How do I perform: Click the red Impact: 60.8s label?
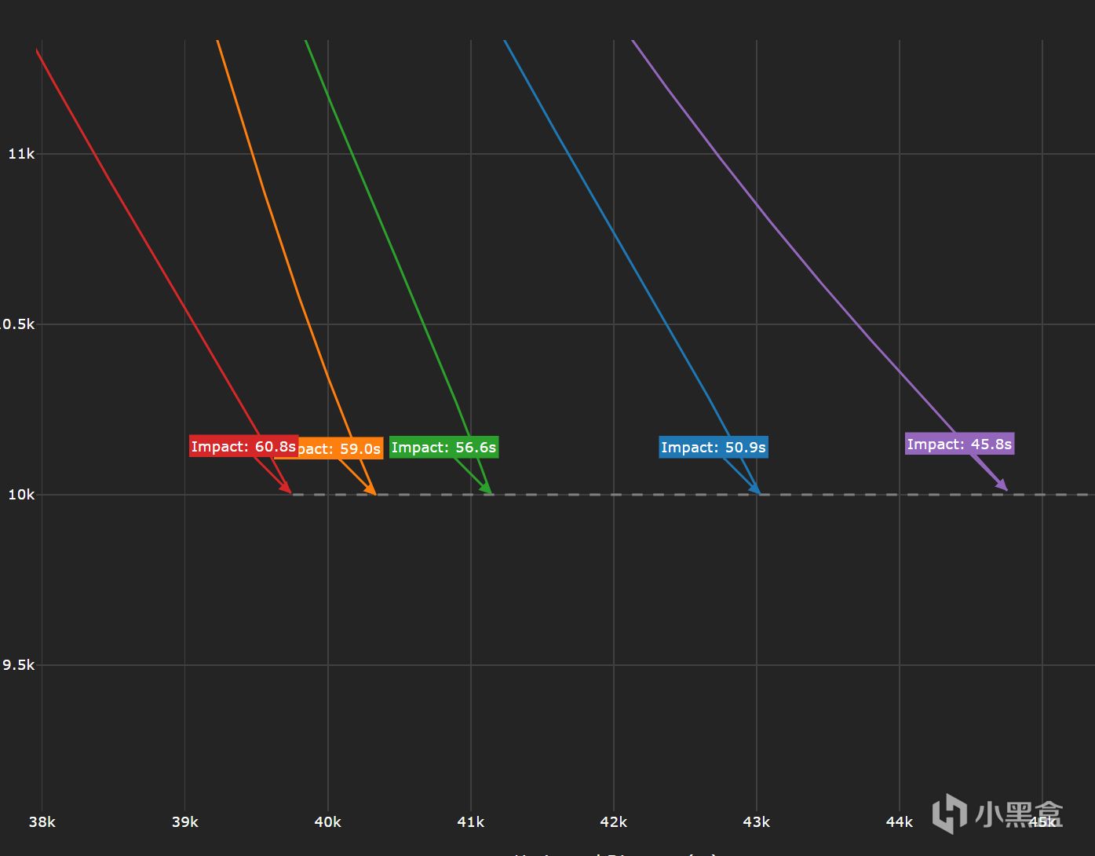point(243,446)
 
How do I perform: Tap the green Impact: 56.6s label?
point(443,447)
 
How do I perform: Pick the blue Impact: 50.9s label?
point(713,447)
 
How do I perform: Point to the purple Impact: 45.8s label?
point(959,444)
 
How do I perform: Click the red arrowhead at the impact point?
point(287,488)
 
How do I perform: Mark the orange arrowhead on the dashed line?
point(371,489)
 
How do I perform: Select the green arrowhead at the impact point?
point(487,489)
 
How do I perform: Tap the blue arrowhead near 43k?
point(755,489)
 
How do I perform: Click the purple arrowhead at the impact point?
point(1002,486)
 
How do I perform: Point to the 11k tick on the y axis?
point(21,154)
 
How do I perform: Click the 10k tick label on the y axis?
point(21,494)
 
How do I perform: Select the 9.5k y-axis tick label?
point(19,665)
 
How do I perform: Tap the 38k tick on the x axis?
point(42,822)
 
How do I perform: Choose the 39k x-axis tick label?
point(184,822)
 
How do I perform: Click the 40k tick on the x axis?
point(327,822)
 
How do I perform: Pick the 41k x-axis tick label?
point(470,822)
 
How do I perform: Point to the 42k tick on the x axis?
point(613,822)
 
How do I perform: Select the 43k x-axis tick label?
point(756,822)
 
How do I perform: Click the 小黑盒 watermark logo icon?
point(949,813)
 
